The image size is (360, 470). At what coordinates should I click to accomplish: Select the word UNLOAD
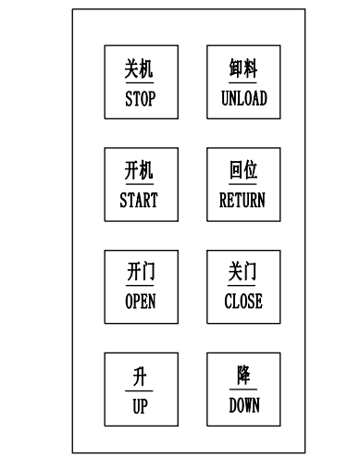[x=243, y=98]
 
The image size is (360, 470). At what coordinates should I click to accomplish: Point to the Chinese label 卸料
[x=243, y=69]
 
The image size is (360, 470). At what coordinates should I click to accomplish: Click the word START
[x=139, y=200]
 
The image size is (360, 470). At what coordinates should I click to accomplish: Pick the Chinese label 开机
[x=139, y=171]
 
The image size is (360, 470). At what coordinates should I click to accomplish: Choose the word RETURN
[x=242, y=200]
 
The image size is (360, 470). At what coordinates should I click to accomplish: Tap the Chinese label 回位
[x=243, y=171]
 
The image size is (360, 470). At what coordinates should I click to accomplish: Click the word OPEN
[x=140, y=301]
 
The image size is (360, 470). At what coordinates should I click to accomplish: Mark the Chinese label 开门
[x=140, y=273]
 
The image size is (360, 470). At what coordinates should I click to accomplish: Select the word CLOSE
[x=243, y=301]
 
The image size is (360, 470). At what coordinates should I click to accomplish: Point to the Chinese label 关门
[x=243, y=273]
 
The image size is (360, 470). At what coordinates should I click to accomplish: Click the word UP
[x=139, y=405]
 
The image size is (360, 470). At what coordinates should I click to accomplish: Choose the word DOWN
[x=243, y=405]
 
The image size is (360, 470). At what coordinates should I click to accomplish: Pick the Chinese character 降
[x=243, y=376]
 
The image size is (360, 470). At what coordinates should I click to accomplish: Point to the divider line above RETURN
[x=243, y=185]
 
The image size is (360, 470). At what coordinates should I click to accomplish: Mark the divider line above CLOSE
[x=243, y=287]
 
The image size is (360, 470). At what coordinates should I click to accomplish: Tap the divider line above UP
[x=139, y=390]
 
